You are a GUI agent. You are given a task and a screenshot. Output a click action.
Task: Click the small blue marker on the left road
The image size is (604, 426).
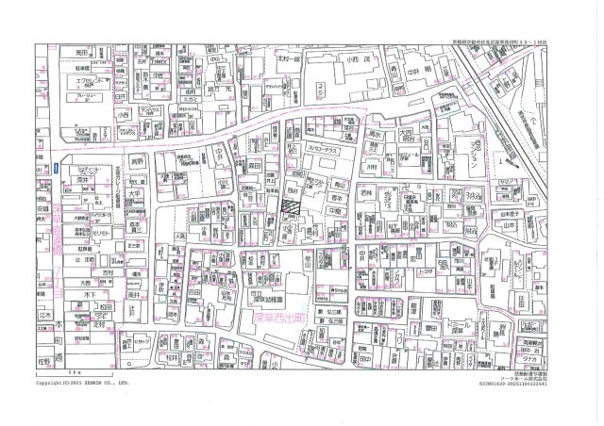click(x=57, y=168)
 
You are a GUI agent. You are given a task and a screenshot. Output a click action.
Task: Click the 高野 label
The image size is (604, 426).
click(x=138, y=161)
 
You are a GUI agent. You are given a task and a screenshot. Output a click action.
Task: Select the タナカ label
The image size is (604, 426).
click(x=531, y=358)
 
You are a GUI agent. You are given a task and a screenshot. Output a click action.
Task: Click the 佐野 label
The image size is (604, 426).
click(x=43, y=358)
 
